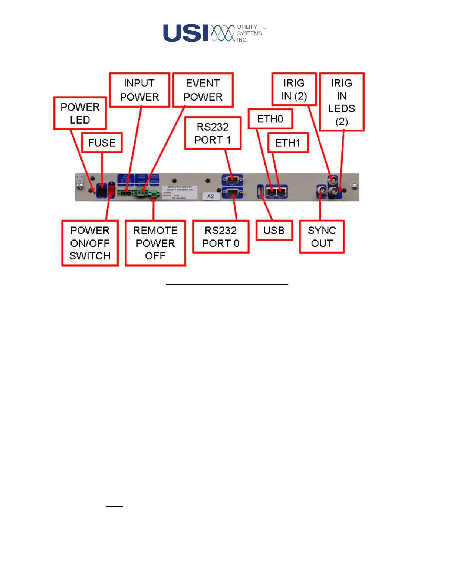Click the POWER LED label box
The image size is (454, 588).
pos(80,113)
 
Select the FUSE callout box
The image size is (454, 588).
pos(102,143)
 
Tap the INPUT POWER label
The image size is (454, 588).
pos(139,90)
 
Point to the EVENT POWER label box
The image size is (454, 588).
pos(203,90)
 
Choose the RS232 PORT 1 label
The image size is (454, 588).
pos(213,133)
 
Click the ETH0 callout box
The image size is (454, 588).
pos(270,119)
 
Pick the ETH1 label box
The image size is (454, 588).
pos(288,143)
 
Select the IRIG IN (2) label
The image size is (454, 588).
pos(294,89)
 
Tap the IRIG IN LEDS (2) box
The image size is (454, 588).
pos(342,102)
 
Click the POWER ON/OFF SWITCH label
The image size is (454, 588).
pos(90,243)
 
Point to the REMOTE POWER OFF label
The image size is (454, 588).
pos(155,243)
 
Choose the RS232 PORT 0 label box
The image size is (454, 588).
pos(221,237)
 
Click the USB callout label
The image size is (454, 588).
pos(274,231)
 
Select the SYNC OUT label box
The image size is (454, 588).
pos(322,237)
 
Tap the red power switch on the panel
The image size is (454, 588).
pos(111,190)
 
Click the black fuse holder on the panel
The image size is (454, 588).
pos(101,190)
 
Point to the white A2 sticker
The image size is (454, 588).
pos(211,196)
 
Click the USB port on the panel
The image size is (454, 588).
pos(260,192)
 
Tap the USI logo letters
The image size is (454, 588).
pos(185,33)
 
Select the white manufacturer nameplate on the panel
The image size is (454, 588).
pos(180,192)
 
